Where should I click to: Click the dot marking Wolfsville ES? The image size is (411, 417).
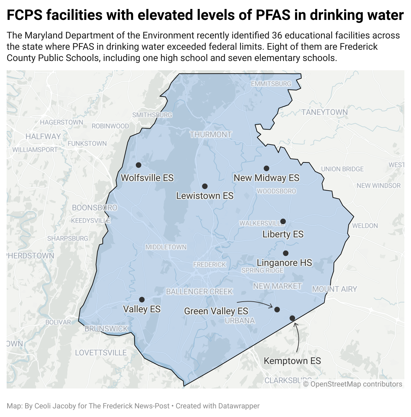click(x=139, y=165)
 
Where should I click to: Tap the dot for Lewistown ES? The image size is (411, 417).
click(x=205, y=186)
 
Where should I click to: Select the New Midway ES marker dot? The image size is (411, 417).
click(x=266, y=168)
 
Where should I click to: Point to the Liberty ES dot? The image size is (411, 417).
click(x=283, y=221)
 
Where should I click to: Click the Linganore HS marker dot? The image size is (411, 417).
click(x=286, y=253)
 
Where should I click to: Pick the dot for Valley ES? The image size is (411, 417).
click(x=142, y=300)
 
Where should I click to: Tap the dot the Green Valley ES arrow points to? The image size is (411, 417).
click(x=277, y=310)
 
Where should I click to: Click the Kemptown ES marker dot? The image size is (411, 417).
click(x=292, y=318)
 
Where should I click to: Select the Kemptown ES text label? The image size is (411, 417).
click(x=292, y=361)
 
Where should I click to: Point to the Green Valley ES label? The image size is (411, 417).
click(x=216, y=311)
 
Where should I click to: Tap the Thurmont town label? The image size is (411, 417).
click(x=211, y=135)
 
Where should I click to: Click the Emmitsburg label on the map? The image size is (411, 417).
click(x=271, y=84)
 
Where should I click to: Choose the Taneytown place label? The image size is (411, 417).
click(x=324, y=112)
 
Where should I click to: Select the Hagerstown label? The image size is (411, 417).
click(x=62, y=122)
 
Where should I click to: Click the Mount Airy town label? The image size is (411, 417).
click(x=334, y=289)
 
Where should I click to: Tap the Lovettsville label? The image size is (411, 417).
click(x=101, y=353)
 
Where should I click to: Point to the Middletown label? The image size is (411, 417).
click(x=166, y=247)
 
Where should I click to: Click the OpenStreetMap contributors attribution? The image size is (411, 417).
click(x=353, y=384)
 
